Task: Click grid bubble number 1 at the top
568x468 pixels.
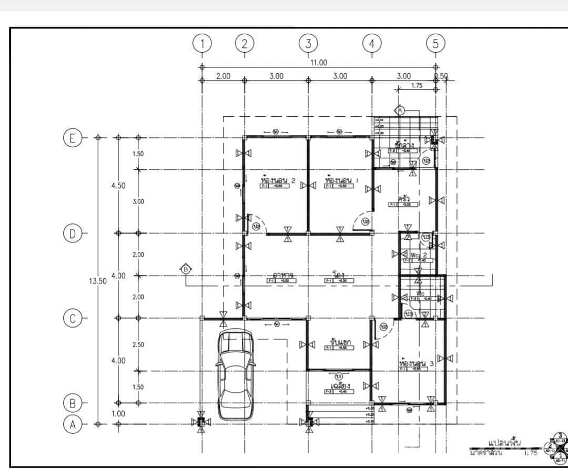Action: click(202, 44)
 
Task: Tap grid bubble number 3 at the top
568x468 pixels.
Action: click(308, 44)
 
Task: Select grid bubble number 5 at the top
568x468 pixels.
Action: click(435, 44)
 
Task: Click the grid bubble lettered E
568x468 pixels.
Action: click(72, 138)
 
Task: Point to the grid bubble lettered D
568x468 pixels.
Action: click(72, 233)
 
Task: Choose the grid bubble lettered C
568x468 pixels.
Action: click(72, 318)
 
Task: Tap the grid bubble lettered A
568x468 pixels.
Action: click(72, 424)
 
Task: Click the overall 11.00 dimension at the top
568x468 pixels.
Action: click(318, 63)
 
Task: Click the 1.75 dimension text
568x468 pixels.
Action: click(417, 85)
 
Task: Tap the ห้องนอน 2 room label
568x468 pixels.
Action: click(278, 181)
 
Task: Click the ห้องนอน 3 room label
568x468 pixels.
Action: click(417, 363)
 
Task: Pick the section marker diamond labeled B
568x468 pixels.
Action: click(186, 269)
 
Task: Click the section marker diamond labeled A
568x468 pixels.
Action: click(400, 110)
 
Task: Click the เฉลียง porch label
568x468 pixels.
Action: click(337, 386)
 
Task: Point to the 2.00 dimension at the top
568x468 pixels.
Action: click(224, 76)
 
